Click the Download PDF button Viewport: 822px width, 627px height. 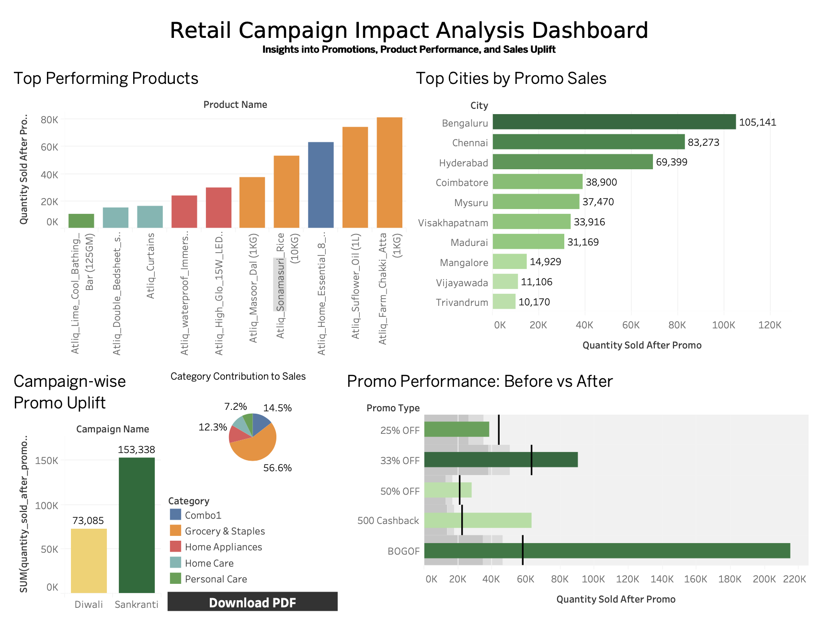pyautogui.click(x=252, y=602)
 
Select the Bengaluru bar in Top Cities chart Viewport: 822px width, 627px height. pyautogui.click(x=614, y=122)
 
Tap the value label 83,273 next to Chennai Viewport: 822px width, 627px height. pyautogui.click(x=703, y=142)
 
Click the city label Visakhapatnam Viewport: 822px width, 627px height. pyautogui.click(x=453, y=223)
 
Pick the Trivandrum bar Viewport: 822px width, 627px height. pyautogui.click(x=503, y=302)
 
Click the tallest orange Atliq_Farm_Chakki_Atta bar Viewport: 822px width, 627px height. pyautogui.click(x=389, y=173)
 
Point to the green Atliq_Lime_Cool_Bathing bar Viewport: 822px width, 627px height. pyautogui.click(x=81, y=221)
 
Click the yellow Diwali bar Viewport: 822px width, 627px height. pyautogui.click(x=89, y=561)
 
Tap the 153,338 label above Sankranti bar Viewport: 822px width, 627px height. pyautogui.click(x=137, y=450)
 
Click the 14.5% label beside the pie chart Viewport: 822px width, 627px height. pyautogui.click(x=277, y=408)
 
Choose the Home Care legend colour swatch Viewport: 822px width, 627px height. pyautogui.click(x=175, y=563)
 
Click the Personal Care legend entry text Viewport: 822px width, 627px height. pyautogui.click(x=216, y=579)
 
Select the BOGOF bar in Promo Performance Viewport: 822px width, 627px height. pyautogui.click(x=606, y=551)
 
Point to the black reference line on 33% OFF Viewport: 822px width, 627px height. pyautogui.click(x=531, y=460)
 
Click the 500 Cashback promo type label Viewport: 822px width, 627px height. pyautogui.click(x=388, y=521)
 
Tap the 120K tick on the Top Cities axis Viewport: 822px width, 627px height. pyautogui.click(x=769, y=325)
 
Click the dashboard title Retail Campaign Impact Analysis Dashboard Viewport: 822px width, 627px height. pyautogui.click(x=409, y=30)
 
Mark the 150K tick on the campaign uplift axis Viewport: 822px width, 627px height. pyautogui.click(x=49, y=461)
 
